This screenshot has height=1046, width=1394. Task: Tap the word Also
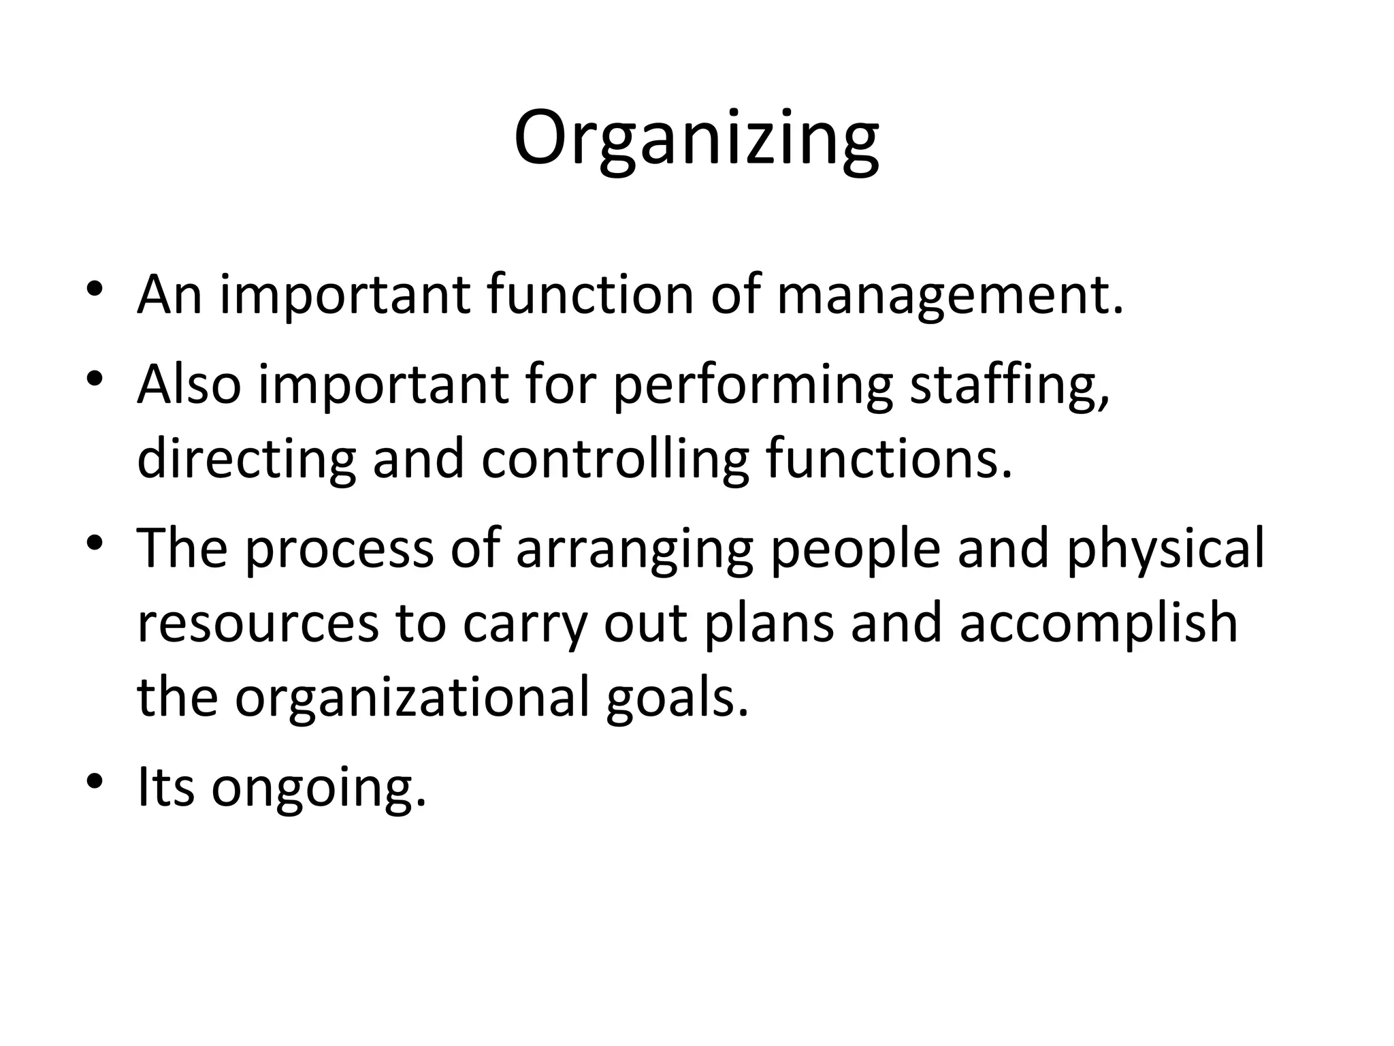(x=189, y=385)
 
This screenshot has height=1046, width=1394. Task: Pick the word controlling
(x=615, y=460)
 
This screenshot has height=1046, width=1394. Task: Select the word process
(x=339, y=550)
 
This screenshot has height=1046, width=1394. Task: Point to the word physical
(x=1165, y=550)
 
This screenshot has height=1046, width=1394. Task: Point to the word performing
(x=752, y=386)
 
